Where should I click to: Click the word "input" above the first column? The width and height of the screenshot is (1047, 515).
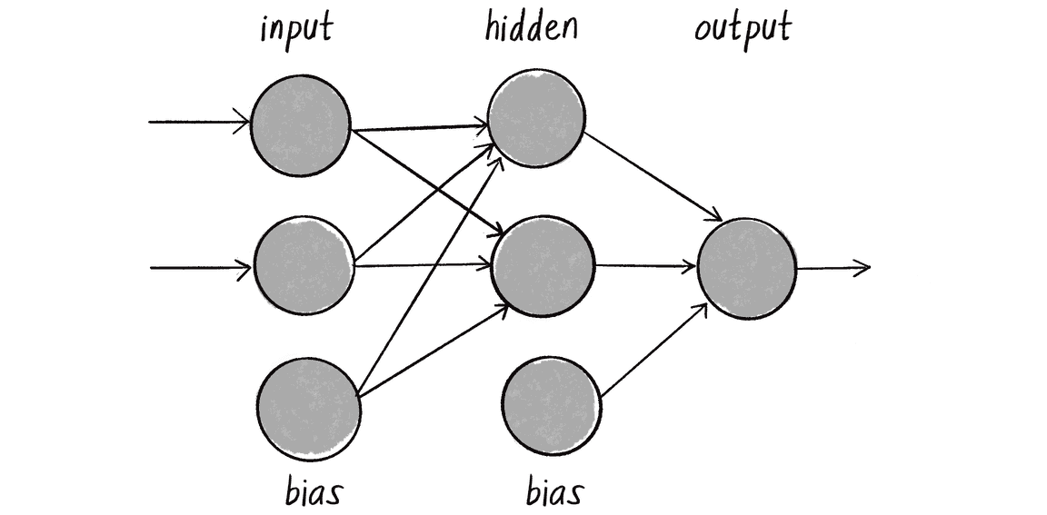296,29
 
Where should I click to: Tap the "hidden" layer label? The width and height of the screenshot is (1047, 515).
531,27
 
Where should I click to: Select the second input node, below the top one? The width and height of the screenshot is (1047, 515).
304,265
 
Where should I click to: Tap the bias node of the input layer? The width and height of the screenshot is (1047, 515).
309,406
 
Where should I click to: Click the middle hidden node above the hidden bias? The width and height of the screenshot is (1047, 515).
543,266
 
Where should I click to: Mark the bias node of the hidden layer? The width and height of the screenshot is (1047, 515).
551,404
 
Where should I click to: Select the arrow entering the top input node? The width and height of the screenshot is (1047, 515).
199,122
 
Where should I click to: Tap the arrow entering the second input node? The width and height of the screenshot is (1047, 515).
199,268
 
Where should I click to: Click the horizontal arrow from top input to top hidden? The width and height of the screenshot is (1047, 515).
420,128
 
